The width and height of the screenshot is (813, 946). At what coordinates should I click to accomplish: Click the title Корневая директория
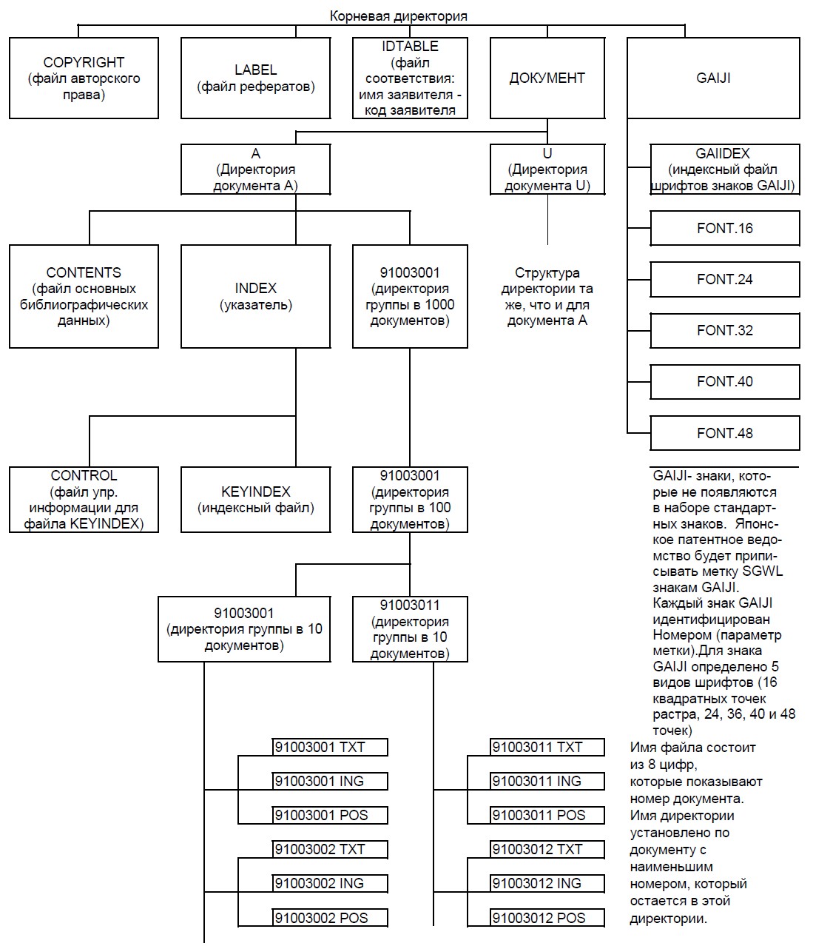click(x=398, y=16)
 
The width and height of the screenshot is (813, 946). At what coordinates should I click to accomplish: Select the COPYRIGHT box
click(x=84, y=78)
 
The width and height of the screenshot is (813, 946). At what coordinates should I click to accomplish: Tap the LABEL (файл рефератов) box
click(x=255, y=78)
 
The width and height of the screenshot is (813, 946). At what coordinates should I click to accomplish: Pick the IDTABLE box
click(x=410, y=78)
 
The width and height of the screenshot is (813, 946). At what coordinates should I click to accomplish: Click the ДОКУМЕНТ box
click(x=547, y=78)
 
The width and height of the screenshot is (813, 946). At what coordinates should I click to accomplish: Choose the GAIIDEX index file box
click(x=725, y=170)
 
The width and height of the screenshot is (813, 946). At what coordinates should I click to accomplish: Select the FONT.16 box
click(x=725, y=228)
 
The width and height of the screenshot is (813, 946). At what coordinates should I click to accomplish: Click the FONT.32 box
click(x=725, y=330)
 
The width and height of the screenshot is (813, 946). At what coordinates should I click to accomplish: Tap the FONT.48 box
click(x=725, y=433)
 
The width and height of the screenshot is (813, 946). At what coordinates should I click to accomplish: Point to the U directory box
click(x=547, y=170)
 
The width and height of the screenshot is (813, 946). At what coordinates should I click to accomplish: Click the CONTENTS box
click(x=84, y=296)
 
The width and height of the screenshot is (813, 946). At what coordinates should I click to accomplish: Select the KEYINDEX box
click(x=255, y=500)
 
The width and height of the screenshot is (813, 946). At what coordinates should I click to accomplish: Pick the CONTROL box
click(x=84, y=500)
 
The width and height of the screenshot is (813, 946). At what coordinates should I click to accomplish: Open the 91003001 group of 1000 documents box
click(x=410, y=296)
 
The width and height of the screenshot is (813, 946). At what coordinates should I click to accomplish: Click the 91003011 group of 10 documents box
click(x=410, y=629)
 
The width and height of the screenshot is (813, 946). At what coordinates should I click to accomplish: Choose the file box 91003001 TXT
click(x=330, y=748)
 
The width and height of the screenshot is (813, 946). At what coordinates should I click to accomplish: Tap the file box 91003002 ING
click(x=330, y=884)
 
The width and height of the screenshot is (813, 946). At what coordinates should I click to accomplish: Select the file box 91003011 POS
click(x=547, y=815)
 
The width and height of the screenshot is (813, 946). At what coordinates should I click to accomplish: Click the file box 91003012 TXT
click(x=547, y=850)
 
